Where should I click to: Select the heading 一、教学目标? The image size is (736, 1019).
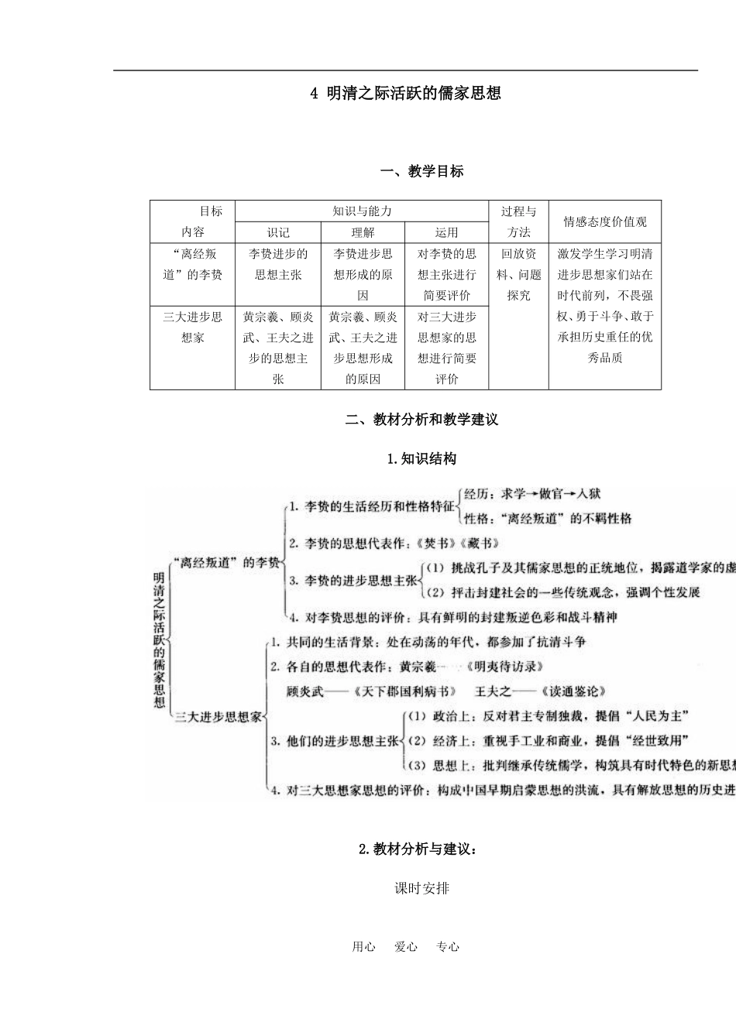pos(421,171)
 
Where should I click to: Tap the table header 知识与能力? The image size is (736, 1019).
pos(362,211)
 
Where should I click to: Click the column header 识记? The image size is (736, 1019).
pos(278,232)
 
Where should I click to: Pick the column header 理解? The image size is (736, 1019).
pos(362,232)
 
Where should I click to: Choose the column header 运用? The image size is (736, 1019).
pos(446,232)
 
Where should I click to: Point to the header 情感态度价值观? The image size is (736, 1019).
pos(604,221)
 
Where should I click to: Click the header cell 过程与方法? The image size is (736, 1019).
pos(518,221)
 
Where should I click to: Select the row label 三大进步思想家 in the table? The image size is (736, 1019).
pos(192,327)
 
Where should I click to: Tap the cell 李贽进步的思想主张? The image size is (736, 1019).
pos(278,264)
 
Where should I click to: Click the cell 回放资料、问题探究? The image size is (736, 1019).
pos(518,274)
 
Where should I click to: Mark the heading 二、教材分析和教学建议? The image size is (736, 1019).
pos(421,420)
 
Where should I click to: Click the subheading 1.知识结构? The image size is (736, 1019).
pos(421,459)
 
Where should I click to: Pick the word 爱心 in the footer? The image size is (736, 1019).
pos(406,946)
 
